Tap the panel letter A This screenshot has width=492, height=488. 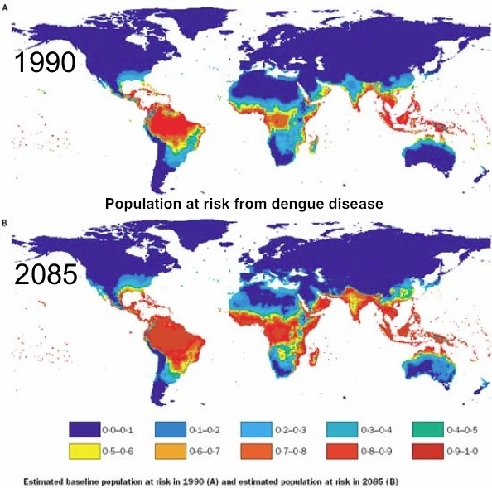tap(6, 6)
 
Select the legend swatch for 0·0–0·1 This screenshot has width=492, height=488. tap(81, 430)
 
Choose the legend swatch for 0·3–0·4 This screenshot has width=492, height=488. tap(344, 430)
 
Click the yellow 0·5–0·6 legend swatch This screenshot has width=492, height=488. tap(81, 453)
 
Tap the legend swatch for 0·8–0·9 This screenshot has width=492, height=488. tap(344, 453)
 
